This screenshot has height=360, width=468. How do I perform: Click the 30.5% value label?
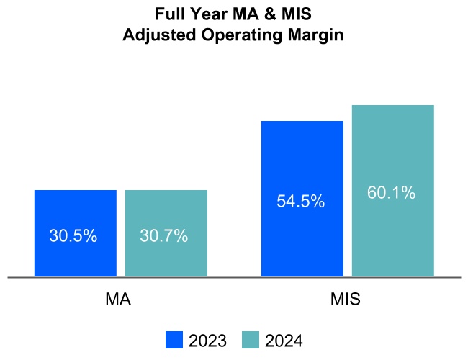[73, 235]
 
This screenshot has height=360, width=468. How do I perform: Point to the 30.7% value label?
[165, 235]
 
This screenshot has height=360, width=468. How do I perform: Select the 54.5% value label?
[301, 202]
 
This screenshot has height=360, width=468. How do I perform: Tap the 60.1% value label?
[392, 193]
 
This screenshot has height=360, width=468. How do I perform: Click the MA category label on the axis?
[118, 299]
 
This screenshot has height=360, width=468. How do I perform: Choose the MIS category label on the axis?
[347, 299]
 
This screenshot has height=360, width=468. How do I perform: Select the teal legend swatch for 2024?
[250, 340]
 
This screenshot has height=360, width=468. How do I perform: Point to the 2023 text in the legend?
[207, 341]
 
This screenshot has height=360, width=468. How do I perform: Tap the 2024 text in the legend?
[284, 341]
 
